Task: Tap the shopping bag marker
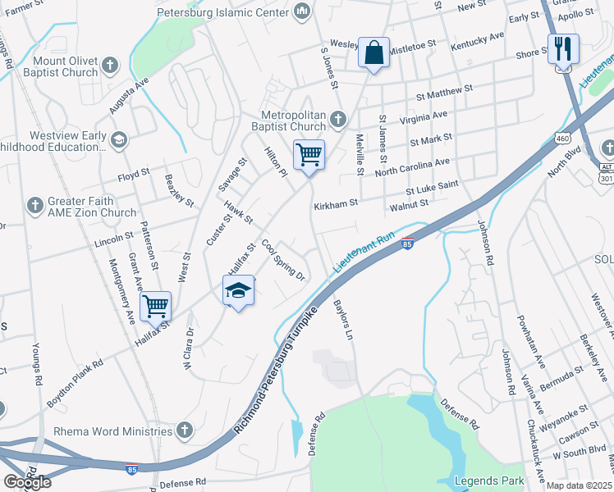pos(373,53)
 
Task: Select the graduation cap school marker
pos(238,291)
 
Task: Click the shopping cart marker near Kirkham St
pos(309,154)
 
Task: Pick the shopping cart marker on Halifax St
pos(155,307)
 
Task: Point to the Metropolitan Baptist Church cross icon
pos(337,121)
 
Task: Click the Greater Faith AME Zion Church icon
pos(35,204)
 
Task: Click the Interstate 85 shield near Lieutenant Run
pos(408,244)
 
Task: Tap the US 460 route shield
pos(562,139)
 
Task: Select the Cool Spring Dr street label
pos(283,260)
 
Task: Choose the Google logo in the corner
pos(27,481)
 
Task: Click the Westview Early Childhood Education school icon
pos(120,139)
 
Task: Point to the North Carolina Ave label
pos(412,168)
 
